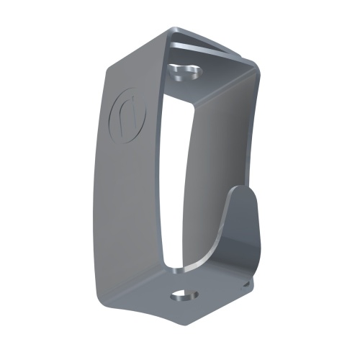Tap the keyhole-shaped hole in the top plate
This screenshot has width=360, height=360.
pyautogui.click(x=184, y=71)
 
